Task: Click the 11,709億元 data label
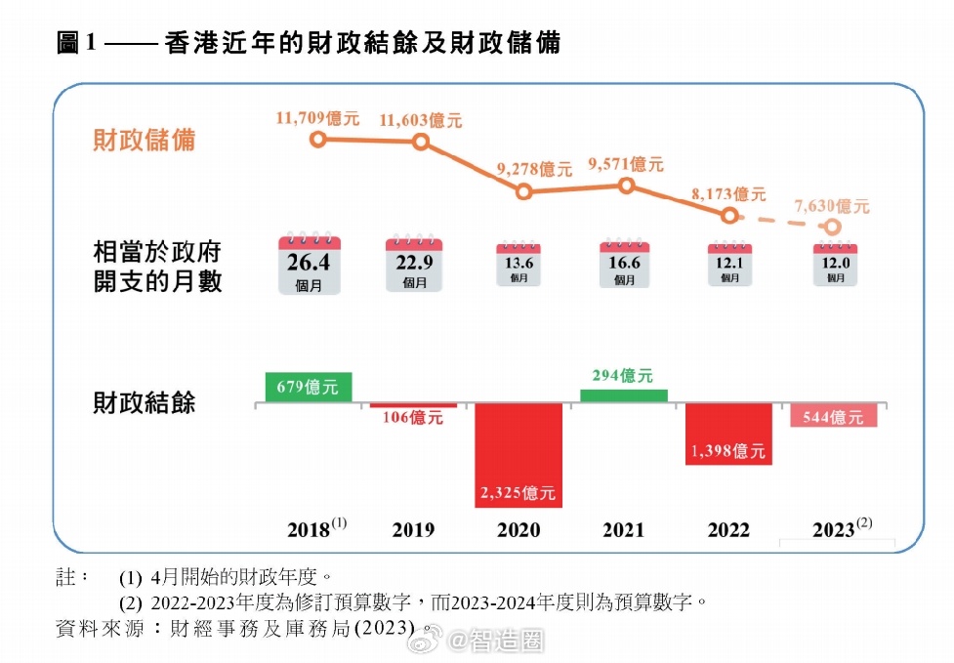[x=317, y=118]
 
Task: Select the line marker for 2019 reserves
[x=421, y=142]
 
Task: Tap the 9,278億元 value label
[x=534, y=168]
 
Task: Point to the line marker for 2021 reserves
[x=627, y=186]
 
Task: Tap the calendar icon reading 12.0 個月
[x=835, y=265]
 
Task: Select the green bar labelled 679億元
[x=309, y=387]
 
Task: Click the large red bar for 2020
[x=518, y=454]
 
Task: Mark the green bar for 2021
[x=623, y=395]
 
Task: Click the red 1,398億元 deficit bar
[x=728, y=434]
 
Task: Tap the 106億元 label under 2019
[x=412, y=418]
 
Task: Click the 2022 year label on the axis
[x=728, y=529]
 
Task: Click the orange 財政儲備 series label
[x=145, y=140]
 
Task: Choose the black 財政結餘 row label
[x=145, y=402]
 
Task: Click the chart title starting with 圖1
[x=309, y=43]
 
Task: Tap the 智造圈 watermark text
[x=508, y=641]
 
